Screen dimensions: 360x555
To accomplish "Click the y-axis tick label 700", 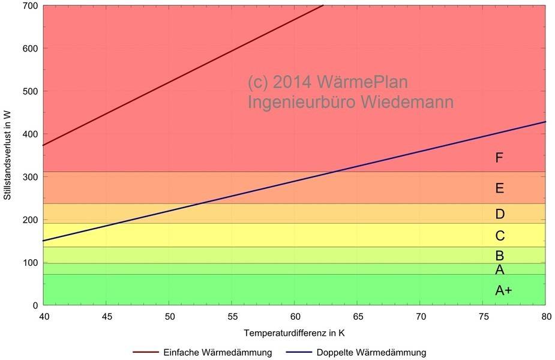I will tap(30, 6).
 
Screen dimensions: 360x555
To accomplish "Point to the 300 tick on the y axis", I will tap(30, 177).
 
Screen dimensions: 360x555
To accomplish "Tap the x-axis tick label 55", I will tap(232, 316).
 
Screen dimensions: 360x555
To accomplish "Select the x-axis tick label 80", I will tap(545, 316).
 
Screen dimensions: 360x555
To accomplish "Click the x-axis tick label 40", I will tap(44, 316).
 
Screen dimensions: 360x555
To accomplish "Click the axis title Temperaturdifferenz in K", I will tap(294, 332).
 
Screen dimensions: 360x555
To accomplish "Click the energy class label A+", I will tap(503, 291).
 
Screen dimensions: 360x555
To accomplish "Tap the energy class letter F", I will tap(499, 158).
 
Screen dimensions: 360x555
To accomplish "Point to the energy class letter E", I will tap(499, 188).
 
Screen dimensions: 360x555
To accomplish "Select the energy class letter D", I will tap(500, 214).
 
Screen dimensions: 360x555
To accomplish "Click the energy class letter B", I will tap(499, 256).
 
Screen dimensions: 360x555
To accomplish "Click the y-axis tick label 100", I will tap(30, 263).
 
